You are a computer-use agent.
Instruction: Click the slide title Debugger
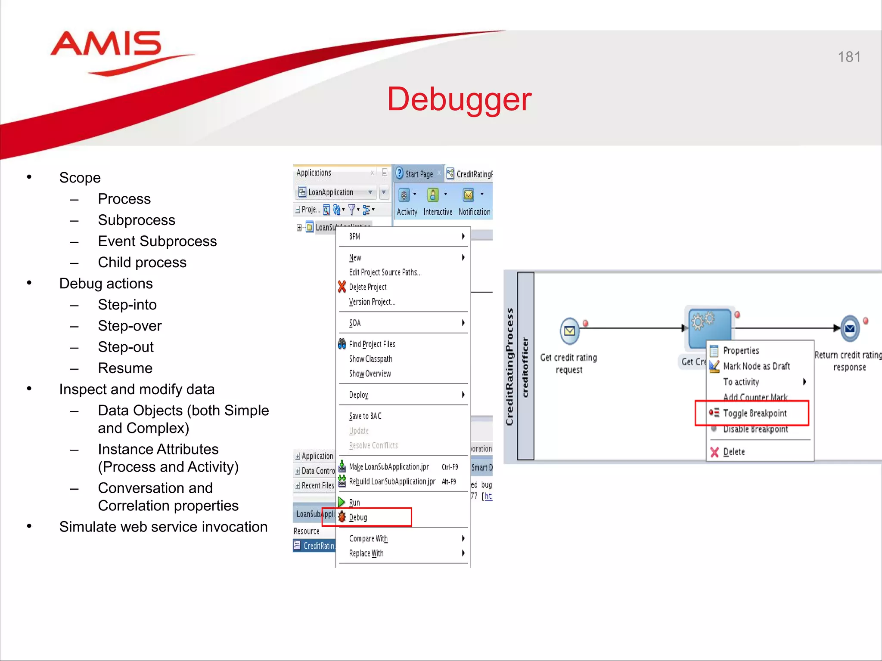pyautogui.click(x=459, y=99)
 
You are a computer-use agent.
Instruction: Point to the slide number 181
pyautogui.click(x=849, y=57)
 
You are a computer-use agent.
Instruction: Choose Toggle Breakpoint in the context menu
pyautogui.click(x=755, y=413)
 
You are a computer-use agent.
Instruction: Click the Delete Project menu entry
pyautogui.click(x=367, y=287)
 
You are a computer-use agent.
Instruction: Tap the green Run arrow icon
pyautogui.click(x=342, y=502)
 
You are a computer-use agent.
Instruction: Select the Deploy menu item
pyautogui.click(x=359, y=395)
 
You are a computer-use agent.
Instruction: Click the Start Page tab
pyautogui.click(x=419, y=174)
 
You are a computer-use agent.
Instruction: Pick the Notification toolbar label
pyautogui.click(x=474, y=212)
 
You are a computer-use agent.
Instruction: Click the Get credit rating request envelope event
pyautogui.click(x=569, y=330)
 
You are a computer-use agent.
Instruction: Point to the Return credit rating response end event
pyautogui.click(x=850, y=329)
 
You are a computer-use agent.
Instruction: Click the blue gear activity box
pyautogui.click(x=709, y=327)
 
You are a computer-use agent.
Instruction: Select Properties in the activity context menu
pyautogui.click(x=741, y=351)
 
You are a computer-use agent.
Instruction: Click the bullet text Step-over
pyautogui.click(x=130, y=326)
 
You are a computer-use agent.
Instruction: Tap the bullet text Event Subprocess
pyautogui.click(x=157, y=241)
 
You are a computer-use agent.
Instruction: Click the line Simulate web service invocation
pyautogui.click(x=163, y=527)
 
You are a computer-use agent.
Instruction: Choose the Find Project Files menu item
pyautogui.click(x=372, y=344)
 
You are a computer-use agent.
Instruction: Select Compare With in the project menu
pyautogui.click(x=368, y=539)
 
